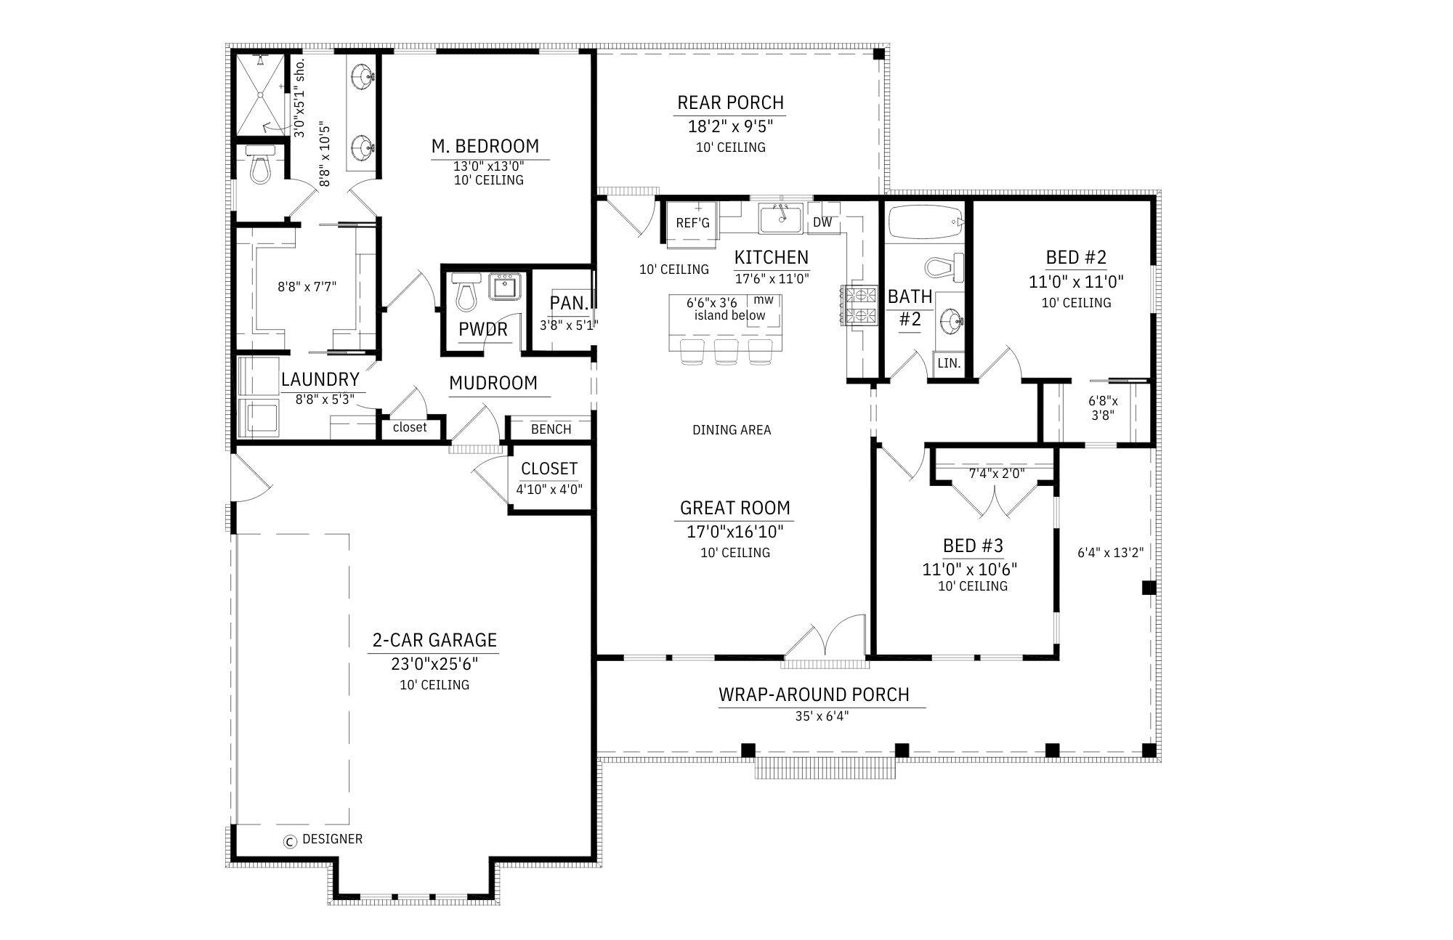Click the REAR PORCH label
[730, 102]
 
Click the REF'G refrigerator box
[692, 223]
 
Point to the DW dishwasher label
[822, 222]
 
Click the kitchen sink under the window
[780, 218]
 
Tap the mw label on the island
[763, 299]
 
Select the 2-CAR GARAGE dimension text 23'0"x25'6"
[434, 663]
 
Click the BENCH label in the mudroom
[551, 429]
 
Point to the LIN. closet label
[949, 363]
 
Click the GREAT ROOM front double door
[826, 639]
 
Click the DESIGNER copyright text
[332, 839]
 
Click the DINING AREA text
[732, 430]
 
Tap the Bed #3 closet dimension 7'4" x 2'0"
[997, 474]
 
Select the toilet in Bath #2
[943, 267]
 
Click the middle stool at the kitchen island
[726, 350]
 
